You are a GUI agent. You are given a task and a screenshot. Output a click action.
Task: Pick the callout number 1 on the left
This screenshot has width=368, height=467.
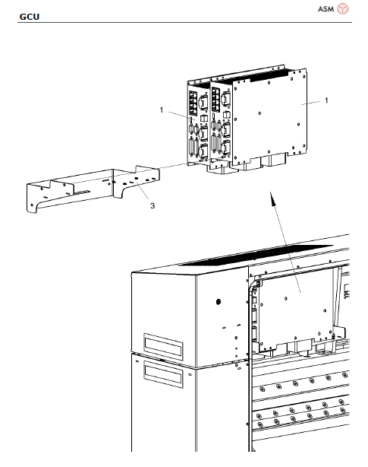(x=161, y=110)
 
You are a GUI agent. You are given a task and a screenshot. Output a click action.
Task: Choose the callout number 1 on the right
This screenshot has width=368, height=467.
(x=326, y=100)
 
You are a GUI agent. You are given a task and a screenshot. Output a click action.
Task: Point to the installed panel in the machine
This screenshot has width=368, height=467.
(x=296, y=304)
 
